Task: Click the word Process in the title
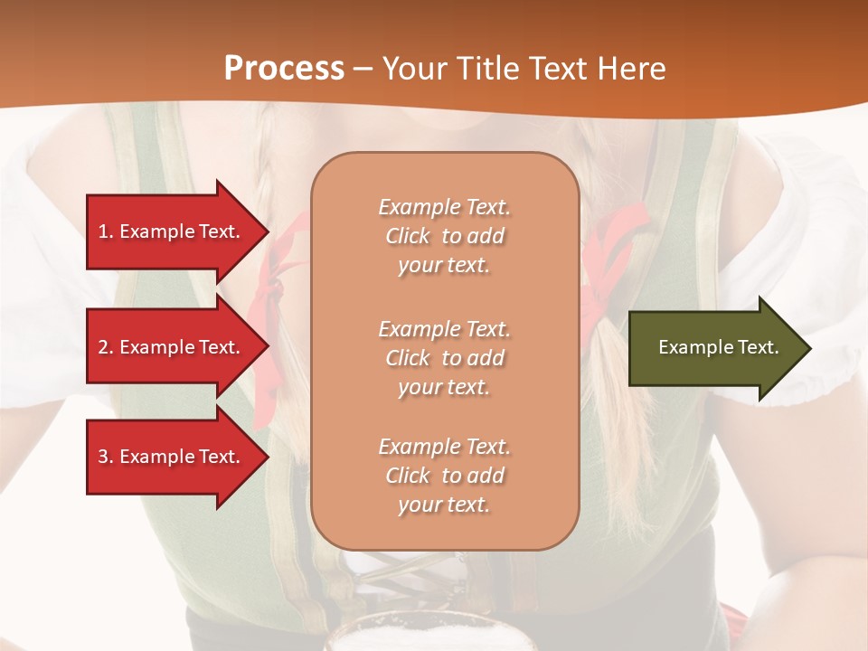[x=284, y=69]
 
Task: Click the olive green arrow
[x=714, y=348]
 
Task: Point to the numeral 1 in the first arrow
[x=102, y=231]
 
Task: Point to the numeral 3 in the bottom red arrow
[x=102, y=457]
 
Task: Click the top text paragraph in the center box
[x=444, y=236]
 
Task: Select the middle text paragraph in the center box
[x=444, y=358]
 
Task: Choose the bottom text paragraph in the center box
[x=444, y=476]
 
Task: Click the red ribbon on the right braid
[x=615, y=244]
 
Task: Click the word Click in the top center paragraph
[x=408, y=236]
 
